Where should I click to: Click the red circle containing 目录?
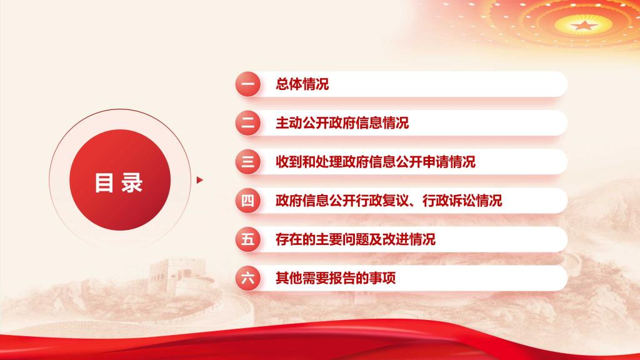[x=120, y=180]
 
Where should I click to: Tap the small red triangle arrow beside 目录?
[x=199, y=180]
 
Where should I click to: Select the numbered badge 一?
[x=247, y=84]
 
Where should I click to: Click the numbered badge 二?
[x=247, y=123]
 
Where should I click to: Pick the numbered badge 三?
[x=247, y=162]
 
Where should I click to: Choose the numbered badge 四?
[x=247, y=201]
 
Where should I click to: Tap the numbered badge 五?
[x=247, y=239]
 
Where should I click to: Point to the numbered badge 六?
[x=247, y=278]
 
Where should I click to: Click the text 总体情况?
[x=302, y=84]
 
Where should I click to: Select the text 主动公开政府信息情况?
[x=342, y=123]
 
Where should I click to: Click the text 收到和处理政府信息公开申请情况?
[x=376, y=162]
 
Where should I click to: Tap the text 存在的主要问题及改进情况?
[x=356, y=239]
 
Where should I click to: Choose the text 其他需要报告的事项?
[x=336, y=278]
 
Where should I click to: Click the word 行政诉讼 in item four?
[x=449, y=201]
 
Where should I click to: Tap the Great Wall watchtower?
[x=168, y=271]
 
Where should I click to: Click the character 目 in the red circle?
[x=104, y=182]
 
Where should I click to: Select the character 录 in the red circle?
[x=132, y=182]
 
